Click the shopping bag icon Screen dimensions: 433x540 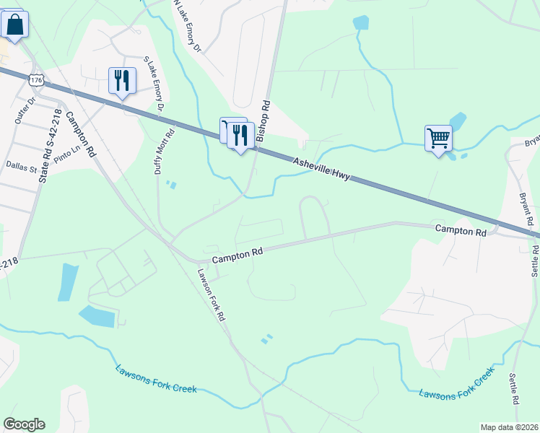pyautogui.click(x=15, y=25)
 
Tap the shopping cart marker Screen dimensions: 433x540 pyautogui.click(x=438, y=138)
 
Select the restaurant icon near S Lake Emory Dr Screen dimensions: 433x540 pyautogui.click(x=121, y=79)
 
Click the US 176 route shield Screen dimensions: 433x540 pyautogui.click(x=35, y=76)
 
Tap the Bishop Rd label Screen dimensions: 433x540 pyautogui.click(x=265, y=116)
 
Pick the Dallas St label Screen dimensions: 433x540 pyautogui.click(x=21, y=167)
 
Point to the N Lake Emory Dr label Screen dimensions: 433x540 pyautogui.click(x=186, y=26)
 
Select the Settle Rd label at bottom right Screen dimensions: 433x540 pyautogui.click(x=515, y=388)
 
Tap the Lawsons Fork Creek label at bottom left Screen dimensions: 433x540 pyautogui.click(x=155, y=379)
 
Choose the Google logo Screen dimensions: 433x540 pyautogui.click(x=24, y=424)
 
